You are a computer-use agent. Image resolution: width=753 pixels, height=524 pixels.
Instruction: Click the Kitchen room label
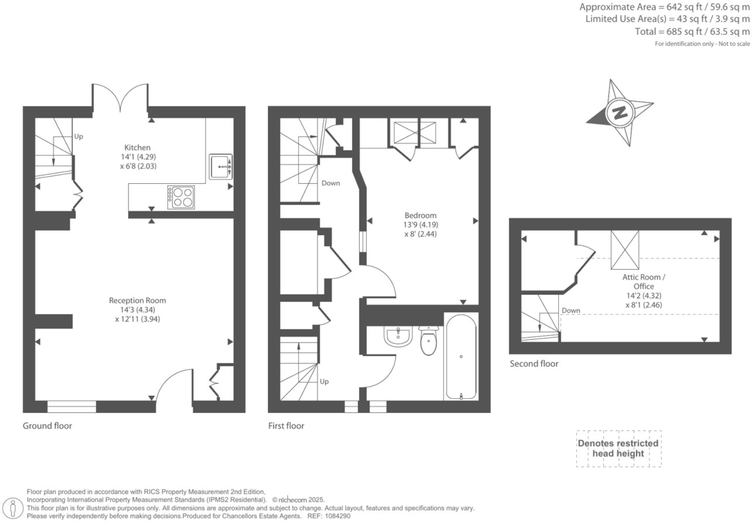click(137, 148)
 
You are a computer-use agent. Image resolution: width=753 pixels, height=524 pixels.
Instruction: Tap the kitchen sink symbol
click(220, 167)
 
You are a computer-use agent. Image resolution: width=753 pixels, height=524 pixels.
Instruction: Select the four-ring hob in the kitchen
click(181, 197)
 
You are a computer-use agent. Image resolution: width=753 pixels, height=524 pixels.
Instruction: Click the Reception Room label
click(137, 301)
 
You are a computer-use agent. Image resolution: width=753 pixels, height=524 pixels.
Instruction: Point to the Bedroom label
click(420, 216)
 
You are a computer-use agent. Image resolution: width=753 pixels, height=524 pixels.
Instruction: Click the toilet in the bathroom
click(428, 341)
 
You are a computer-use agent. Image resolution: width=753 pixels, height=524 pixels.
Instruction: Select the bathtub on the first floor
click(460, 356)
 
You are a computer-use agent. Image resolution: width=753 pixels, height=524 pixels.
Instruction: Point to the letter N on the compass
click(619, 113)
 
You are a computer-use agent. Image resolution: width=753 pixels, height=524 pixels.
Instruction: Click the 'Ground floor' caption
click(47, 426)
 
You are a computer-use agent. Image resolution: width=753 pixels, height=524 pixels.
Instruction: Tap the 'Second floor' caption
click(534, 364)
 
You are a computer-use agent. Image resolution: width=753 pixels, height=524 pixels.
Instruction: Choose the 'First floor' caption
click(286, 426)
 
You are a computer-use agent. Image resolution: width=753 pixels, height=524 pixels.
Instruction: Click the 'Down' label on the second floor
click(571, 311)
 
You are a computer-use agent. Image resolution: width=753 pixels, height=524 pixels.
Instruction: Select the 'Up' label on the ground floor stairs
click(79, 136)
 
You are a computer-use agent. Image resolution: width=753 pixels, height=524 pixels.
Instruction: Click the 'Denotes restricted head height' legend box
click(619, 449)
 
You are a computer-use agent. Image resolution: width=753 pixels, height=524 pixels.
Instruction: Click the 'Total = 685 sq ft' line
click(692, 32)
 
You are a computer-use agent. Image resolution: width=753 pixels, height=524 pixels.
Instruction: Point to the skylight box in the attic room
click(625, 250)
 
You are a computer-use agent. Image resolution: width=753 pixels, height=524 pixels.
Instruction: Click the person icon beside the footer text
click(14, 508)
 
